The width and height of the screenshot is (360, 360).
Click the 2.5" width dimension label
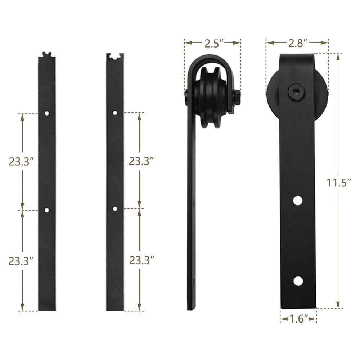pos(212,43)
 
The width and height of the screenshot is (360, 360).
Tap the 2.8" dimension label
pos(297,43)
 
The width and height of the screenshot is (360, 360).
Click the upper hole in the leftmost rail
pos(47,113)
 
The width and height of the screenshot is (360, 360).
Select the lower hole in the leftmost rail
pos(47,209)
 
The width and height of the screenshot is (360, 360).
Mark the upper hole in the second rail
pos(115,113)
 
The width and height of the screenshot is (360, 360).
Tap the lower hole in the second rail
pos(115,208)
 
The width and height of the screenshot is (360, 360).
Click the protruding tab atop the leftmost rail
pos(46,54)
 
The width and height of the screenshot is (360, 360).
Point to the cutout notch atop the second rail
pos(115,57)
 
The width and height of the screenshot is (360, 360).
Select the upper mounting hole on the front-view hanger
pos(297,201)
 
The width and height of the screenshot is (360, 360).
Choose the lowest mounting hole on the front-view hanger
pos(297,281)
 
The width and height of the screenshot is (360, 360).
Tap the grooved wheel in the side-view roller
pos(211,95)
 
